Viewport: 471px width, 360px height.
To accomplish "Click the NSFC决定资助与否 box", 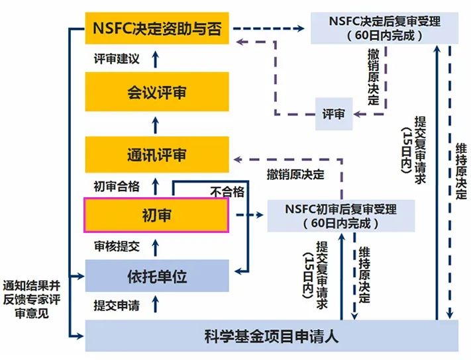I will (157, 28).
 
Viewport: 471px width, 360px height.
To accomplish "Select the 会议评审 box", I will (157, 92).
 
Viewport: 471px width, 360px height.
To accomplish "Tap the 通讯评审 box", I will (157, 155).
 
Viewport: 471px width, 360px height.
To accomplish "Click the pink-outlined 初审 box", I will (156, 214).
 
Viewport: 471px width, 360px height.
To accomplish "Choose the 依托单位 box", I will (157, 276).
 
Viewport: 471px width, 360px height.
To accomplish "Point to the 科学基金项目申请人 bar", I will (272, 336).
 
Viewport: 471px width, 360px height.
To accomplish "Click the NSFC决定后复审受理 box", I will (385, 28).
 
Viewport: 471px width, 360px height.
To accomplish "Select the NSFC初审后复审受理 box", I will (340, 216).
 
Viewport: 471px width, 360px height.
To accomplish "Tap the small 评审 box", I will (333, 114).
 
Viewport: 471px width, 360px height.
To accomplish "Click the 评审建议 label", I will (117, 60).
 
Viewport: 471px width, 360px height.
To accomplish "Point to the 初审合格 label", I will (117, 186).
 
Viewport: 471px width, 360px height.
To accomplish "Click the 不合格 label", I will (227, 192).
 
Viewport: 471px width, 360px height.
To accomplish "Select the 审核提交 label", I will (117, 246).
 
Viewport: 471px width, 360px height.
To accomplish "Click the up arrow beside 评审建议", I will (156, 60).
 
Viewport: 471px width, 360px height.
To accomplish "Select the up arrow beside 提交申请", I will (156, 305).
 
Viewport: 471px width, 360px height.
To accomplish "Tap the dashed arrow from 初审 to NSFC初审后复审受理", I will (248, 215).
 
